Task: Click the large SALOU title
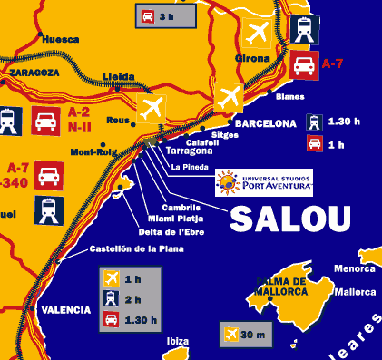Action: (289, 219)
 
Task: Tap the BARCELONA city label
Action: (265, 123)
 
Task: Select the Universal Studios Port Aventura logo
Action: (263, 182)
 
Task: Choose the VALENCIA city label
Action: (66, 310)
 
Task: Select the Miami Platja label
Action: (176, 218)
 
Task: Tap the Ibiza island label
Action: (178, 341)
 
